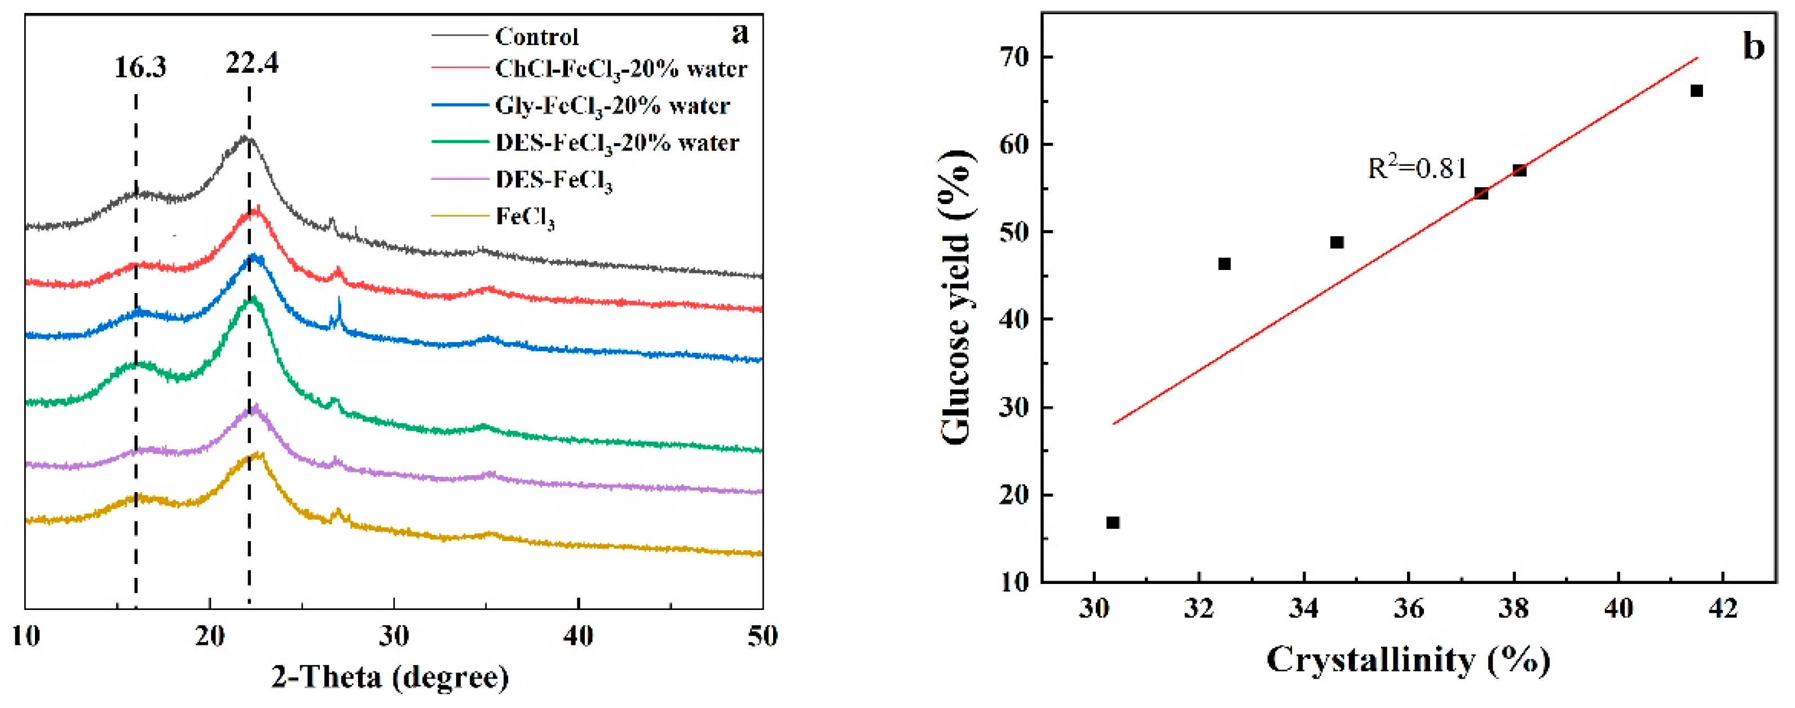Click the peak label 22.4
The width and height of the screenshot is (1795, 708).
[x=252, y=63]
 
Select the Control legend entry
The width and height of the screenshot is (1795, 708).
[x=536, y=36]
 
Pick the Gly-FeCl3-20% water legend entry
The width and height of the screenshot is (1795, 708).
[x=612, y=106]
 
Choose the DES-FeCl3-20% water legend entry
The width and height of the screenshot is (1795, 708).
[x=617, y=143]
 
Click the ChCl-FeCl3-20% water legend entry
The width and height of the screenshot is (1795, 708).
[x=620, y=69]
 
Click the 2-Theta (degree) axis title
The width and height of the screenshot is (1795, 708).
[x=390, y=676]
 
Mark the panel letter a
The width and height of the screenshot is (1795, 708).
[x=740, y=32]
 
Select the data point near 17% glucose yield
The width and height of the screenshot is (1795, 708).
[x=1113, y=523]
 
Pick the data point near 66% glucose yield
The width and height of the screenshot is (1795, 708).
[x=1697, y=91]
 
